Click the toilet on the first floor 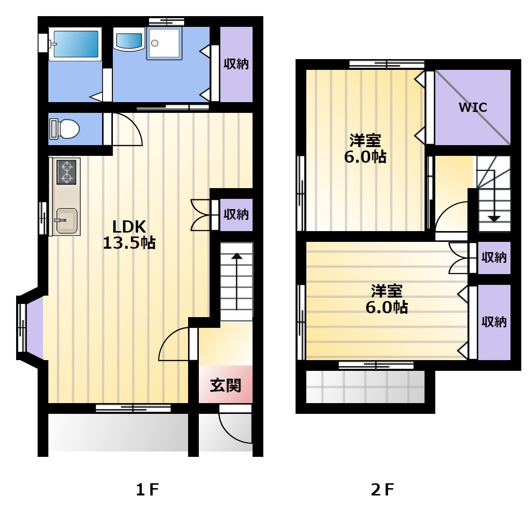[64, 129]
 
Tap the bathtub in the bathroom [75, 44]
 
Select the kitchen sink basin [66, 221]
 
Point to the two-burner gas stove [66, 172]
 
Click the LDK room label [129, 227]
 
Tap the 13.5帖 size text [129, 243]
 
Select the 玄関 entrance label [225, 386]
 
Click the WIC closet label [472, 107]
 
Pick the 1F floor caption [147, 490]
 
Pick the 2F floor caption [383, 490]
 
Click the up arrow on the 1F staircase [236, 281]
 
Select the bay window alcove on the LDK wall [31, 327]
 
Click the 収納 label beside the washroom [236, 64]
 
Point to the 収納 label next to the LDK [236, 215]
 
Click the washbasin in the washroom [128, 41]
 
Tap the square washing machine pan [164, 43]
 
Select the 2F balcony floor [365, 387]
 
